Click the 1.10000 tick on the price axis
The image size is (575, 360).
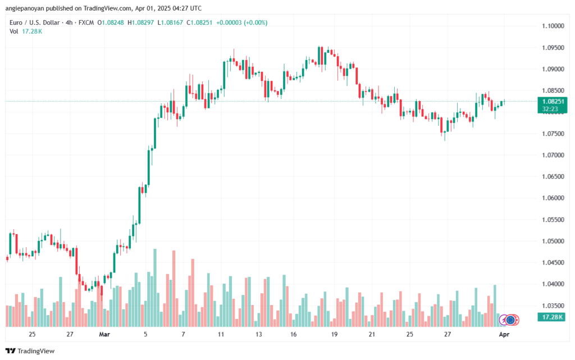click(553, 26)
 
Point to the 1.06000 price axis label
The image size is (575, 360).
click(553, 198)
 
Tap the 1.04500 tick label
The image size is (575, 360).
click(553, 262)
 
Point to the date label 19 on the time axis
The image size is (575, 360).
click(334, 334)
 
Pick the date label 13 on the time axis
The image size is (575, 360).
click(258, 334)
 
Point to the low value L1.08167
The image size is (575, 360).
click(175, 22)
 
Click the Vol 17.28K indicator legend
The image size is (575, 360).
click(26, 31)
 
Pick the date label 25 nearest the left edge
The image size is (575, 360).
click(32, 334)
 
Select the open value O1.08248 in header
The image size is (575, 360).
click(112, 22)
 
